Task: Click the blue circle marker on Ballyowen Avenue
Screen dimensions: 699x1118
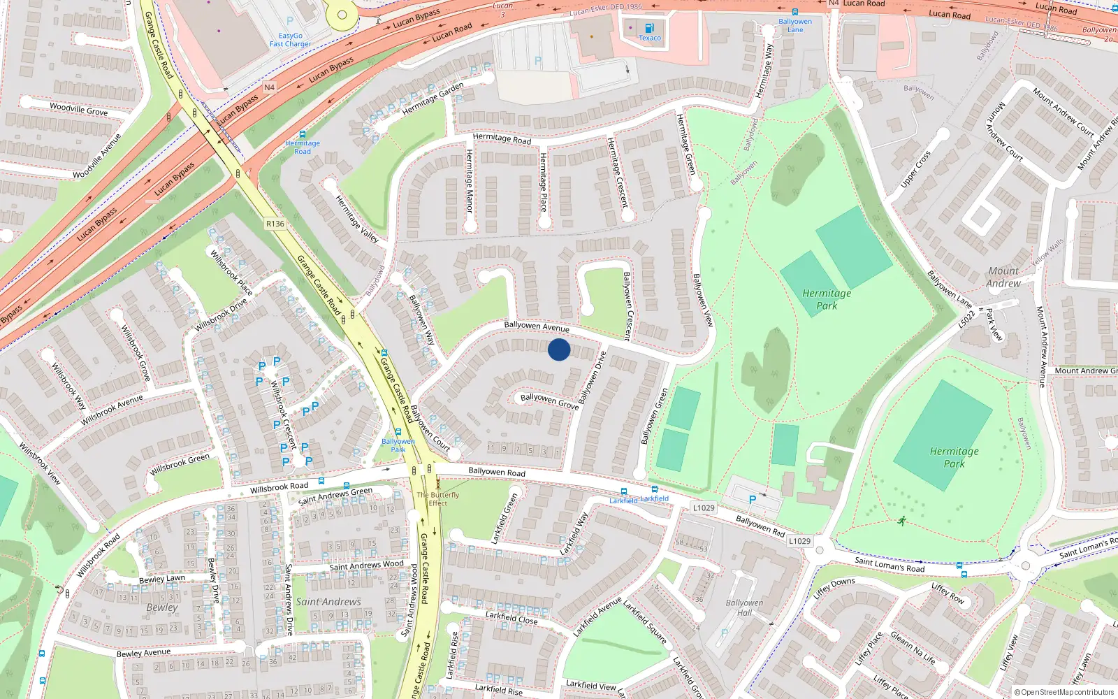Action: point(559,349)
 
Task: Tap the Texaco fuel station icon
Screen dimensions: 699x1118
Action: point(649,29)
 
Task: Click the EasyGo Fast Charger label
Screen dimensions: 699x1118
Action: point(291,40)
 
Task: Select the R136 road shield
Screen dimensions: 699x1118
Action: point(275,224)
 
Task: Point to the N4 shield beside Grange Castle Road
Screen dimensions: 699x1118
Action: point(270,87)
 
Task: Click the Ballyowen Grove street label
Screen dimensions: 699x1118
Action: point(550,400)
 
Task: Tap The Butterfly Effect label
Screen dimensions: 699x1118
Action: point(438,498)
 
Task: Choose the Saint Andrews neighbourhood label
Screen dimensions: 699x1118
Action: point(328,601)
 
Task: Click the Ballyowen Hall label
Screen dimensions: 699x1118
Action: point(744,607)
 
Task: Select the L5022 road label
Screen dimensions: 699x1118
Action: point(966,319)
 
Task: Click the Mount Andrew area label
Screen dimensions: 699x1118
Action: point(1003,277)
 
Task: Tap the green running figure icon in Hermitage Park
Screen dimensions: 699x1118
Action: point(902,521)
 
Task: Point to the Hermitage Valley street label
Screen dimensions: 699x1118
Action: point(357,219)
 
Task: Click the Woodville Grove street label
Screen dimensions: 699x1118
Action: point(78,109)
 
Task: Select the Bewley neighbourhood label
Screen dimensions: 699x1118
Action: point(162,607)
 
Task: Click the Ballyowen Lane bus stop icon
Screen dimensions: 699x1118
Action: point(794,12)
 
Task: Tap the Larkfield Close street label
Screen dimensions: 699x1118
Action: point(511,617)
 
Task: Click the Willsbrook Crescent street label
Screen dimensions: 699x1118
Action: point(283,414)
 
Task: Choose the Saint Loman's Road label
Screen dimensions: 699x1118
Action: point(890,564)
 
